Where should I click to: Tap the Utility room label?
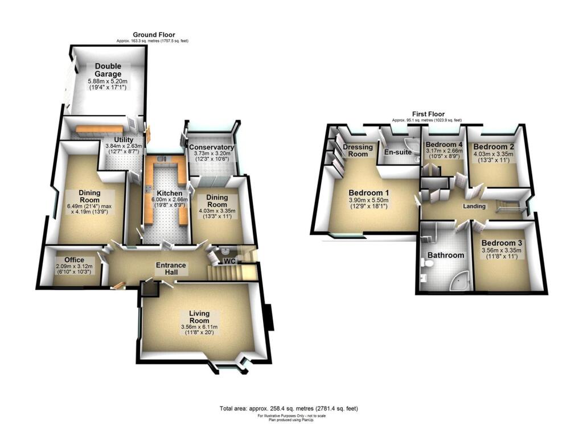coord(124,139)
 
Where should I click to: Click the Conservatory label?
coord(211,147)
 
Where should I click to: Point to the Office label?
coord(74,261)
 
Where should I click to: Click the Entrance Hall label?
coord(171,269)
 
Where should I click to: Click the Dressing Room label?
coord(358,151)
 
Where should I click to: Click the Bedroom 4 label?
coord(441,145)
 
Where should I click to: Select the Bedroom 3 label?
coord(502,242)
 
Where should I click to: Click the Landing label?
coord(474,206)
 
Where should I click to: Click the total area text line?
coord(288,409)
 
